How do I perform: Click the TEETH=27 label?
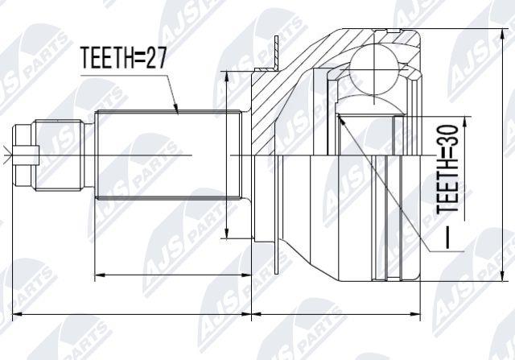pos(124,58)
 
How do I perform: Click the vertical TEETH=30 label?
pos(447,168)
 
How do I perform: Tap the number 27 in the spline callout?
pos(156,58)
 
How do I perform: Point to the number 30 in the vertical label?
pos(447,136)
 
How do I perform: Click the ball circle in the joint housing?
pos(374,70)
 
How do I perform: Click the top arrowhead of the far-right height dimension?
pos(502,34)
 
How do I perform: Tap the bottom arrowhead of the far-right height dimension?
pos(502,275)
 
